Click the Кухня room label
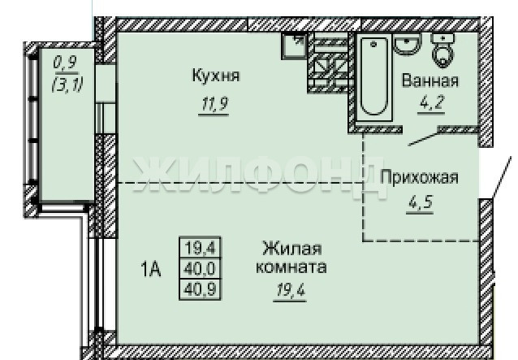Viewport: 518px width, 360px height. pyautogui.click(x=216, y=76)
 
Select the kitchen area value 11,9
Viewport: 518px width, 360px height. pyautogui.click(x=214, y=105)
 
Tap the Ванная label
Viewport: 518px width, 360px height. pyautogui.click(x=430, y=80)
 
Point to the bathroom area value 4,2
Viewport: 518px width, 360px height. pyautogui.click(x=431, y=103)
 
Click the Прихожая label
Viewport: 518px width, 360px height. pyautogui.click(x=420, y=177)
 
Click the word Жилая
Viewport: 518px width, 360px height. pyautogui.click(x=292, y=248)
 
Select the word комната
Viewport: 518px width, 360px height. pyautogui.click(x=291, y=267)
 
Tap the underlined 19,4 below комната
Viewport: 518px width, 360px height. pyautogui.click(x=291, y=290)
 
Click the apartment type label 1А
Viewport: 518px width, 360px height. pyautogui.click(x=151, y=269)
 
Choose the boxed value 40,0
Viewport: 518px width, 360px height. pyautogui.click(x=200, y=269)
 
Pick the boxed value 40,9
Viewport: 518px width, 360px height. pyautogui.click(x=200, y=289)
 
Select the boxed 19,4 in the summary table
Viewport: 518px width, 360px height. pyautogui.click(x=201, y=247)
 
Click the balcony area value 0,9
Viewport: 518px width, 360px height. pyautogui.click(x=65, y=63)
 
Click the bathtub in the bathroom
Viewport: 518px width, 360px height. pyautogui.click(x=374, y=78)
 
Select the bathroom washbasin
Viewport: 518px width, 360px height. pyautogui.click(x=408, y=45)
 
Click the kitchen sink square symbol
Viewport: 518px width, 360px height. pyautogui.click(x=294, y=46)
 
